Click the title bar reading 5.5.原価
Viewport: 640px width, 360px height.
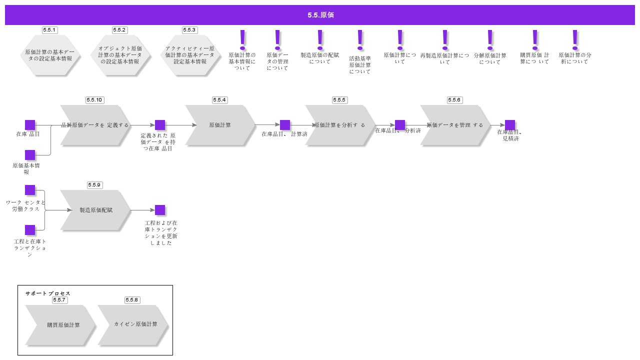[x=320, y=15]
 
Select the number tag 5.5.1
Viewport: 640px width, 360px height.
[x=49, y=30]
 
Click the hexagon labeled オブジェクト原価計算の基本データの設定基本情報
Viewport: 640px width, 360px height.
[x=120, y=55]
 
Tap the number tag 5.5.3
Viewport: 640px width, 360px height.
[x=189, y=30]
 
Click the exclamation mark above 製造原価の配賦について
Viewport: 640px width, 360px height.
[x=320, y=39]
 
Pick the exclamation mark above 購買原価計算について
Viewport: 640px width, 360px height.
[x=535, y=39]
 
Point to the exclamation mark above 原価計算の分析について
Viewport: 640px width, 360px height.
[x=575, y=39]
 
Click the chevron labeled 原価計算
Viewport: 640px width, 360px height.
[x=220, y=125]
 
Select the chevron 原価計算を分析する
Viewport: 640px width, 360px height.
[x=340, y=125]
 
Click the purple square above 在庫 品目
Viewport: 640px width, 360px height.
[x=30, y=125]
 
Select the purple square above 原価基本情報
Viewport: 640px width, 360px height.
[x=30, y=155]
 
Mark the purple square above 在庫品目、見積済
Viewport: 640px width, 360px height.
[x=510, y=125]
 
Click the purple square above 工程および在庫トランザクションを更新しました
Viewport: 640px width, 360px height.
[x=160, y=210]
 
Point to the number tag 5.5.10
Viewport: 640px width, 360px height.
[x=94, y=100]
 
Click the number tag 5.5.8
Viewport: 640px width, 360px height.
[x=132, y=300]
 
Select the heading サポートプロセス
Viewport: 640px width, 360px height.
[x=48, y=293]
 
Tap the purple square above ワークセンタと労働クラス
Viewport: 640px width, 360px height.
[x=30, y=190]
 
